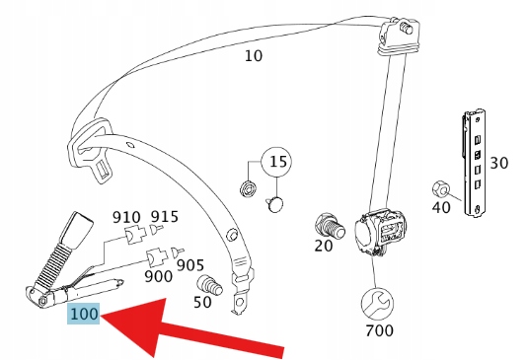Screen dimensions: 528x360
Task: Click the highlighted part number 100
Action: point(84,314)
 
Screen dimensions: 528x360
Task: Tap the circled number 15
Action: point(277,162)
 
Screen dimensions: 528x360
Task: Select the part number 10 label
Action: point(254,56)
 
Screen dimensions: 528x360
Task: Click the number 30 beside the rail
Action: point(498,163)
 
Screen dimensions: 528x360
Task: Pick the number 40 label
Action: point(441,207)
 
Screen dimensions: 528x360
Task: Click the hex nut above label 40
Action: point(441,189)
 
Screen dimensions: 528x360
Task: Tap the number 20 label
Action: point(324,246)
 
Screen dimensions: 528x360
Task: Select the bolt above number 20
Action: point(330,226)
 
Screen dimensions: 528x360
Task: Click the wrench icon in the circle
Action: point(377,304)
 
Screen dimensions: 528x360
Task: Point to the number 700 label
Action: point(379,330)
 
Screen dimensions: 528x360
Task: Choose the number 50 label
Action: point(202,302)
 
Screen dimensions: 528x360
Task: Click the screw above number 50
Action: point(209,285)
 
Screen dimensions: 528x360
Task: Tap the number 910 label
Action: point(126,217)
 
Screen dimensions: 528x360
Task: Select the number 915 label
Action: point(165,217)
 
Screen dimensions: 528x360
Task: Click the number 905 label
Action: point(190,265)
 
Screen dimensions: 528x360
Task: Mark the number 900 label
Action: point(158,276)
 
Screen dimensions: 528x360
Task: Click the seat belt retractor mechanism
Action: point(381,233)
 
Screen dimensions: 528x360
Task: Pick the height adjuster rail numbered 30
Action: point(474,163)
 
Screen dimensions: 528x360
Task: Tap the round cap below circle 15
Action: point(276,204)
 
